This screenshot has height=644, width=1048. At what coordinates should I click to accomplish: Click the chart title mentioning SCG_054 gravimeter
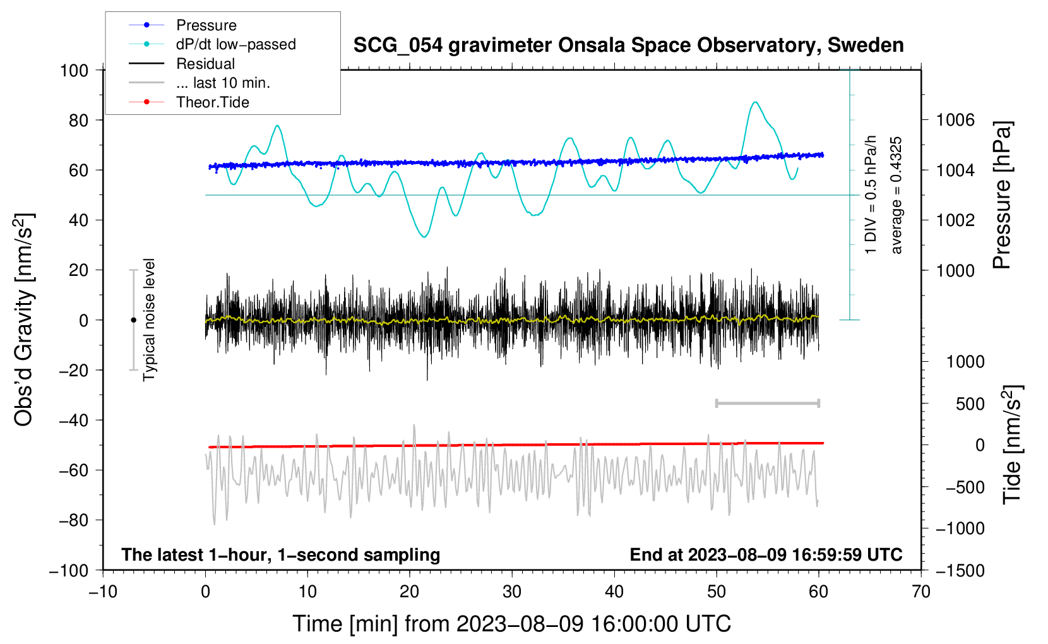(x=628, y=45)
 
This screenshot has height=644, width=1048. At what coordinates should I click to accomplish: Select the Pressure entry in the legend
(x=183, y=25)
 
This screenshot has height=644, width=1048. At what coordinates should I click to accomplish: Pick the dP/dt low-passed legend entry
(x=212, y=44)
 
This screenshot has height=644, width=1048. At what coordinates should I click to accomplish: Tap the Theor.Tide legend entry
(x=189, y=102)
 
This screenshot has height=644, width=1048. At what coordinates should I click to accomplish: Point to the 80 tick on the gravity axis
(x=78, y=121)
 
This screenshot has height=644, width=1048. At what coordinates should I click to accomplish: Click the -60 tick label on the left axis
(x=73, y=470)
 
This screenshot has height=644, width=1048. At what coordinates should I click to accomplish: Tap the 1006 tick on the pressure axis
(x=955, y=121)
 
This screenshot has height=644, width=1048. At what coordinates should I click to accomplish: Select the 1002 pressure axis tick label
(x=955, y=220)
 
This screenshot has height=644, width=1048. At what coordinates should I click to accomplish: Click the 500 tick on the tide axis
(x=970, y=404)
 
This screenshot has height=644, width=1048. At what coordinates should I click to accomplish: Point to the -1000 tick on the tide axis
(x=960, y=528)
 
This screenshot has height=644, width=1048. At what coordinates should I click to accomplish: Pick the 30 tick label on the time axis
(x=512, y=592)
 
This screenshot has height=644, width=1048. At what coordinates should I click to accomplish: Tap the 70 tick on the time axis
(x=920, y=592)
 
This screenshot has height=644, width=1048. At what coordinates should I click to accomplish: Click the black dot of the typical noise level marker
(x=133, y=320)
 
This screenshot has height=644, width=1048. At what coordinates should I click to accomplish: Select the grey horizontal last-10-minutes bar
(x=767, y=403)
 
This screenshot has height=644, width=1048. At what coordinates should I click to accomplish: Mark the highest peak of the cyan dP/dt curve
(x=754, y=102)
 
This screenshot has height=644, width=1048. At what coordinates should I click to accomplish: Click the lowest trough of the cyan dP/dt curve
(x=424, y=237)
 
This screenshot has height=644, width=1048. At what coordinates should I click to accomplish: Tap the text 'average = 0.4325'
(x=896, y=195)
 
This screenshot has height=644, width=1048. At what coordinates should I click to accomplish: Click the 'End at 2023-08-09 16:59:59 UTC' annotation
(x=766, y=554)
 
